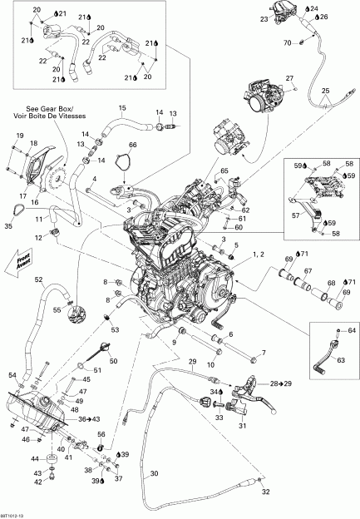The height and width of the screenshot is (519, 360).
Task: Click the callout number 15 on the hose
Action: [x=121, y=108]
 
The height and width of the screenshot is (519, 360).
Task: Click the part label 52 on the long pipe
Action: [x=38, y=279]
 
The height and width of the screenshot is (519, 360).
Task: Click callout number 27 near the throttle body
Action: [x=290, y=78]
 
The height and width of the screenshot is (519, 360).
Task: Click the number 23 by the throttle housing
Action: [x=264, y=18]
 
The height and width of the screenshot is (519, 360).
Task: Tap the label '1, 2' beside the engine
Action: [x=257, y=253]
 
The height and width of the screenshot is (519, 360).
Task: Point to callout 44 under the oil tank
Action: [x=35, y=458]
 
